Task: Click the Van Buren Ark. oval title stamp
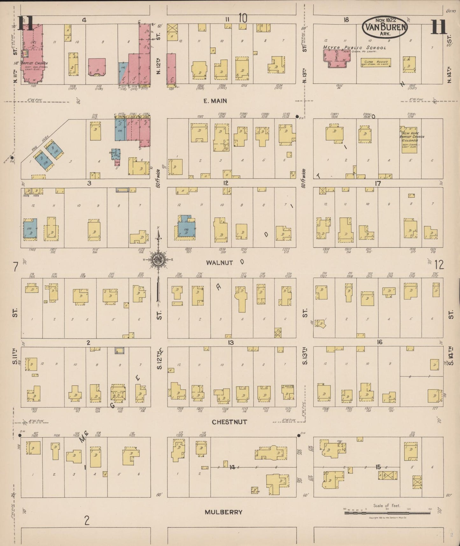(385, 27)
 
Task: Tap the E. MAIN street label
(215, 101)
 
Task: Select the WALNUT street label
(219, 263)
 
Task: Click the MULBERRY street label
(223, 512)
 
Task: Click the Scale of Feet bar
(387, 513)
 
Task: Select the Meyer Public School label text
(354, 48)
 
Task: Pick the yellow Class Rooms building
(376, 62)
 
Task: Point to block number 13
(231, 343)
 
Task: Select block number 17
(378, 183)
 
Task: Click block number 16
(379, 342)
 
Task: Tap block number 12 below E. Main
(226, 183)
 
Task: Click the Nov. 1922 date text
(385, 20)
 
